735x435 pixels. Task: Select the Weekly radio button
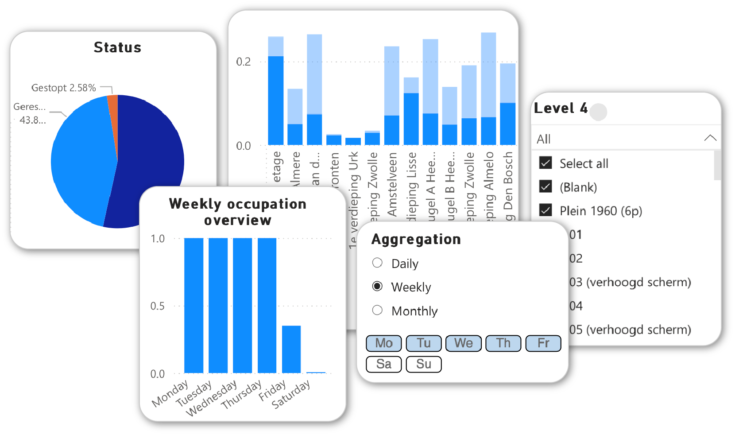[377, 286]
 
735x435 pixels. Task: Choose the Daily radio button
[377, 263]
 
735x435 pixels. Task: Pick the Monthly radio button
[377, 310]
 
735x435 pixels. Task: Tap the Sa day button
[384, 364]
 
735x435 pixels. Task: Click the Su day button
[424, 364]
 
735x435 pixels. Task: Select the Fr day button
[543, 343]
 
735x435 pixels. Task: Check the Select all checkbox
[545, 163]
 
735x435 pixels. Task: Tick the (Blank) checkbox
[545, 186]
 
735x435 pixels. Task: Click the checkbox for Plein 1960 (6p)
[545, 210]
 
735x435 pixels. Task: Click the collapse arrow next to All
[710, 138]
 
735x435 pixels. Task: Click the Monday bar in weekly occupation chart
[193, 306]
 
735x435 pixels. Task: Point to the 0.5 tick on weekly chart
[158, 306]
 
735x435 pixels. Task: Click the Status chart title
[117, 47]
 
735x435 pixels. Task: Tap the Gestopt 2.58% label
[63, 88]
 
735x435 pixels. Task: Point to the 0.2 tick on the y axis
[244, 62]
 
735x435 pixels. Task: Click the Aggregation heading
[416, 239]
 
